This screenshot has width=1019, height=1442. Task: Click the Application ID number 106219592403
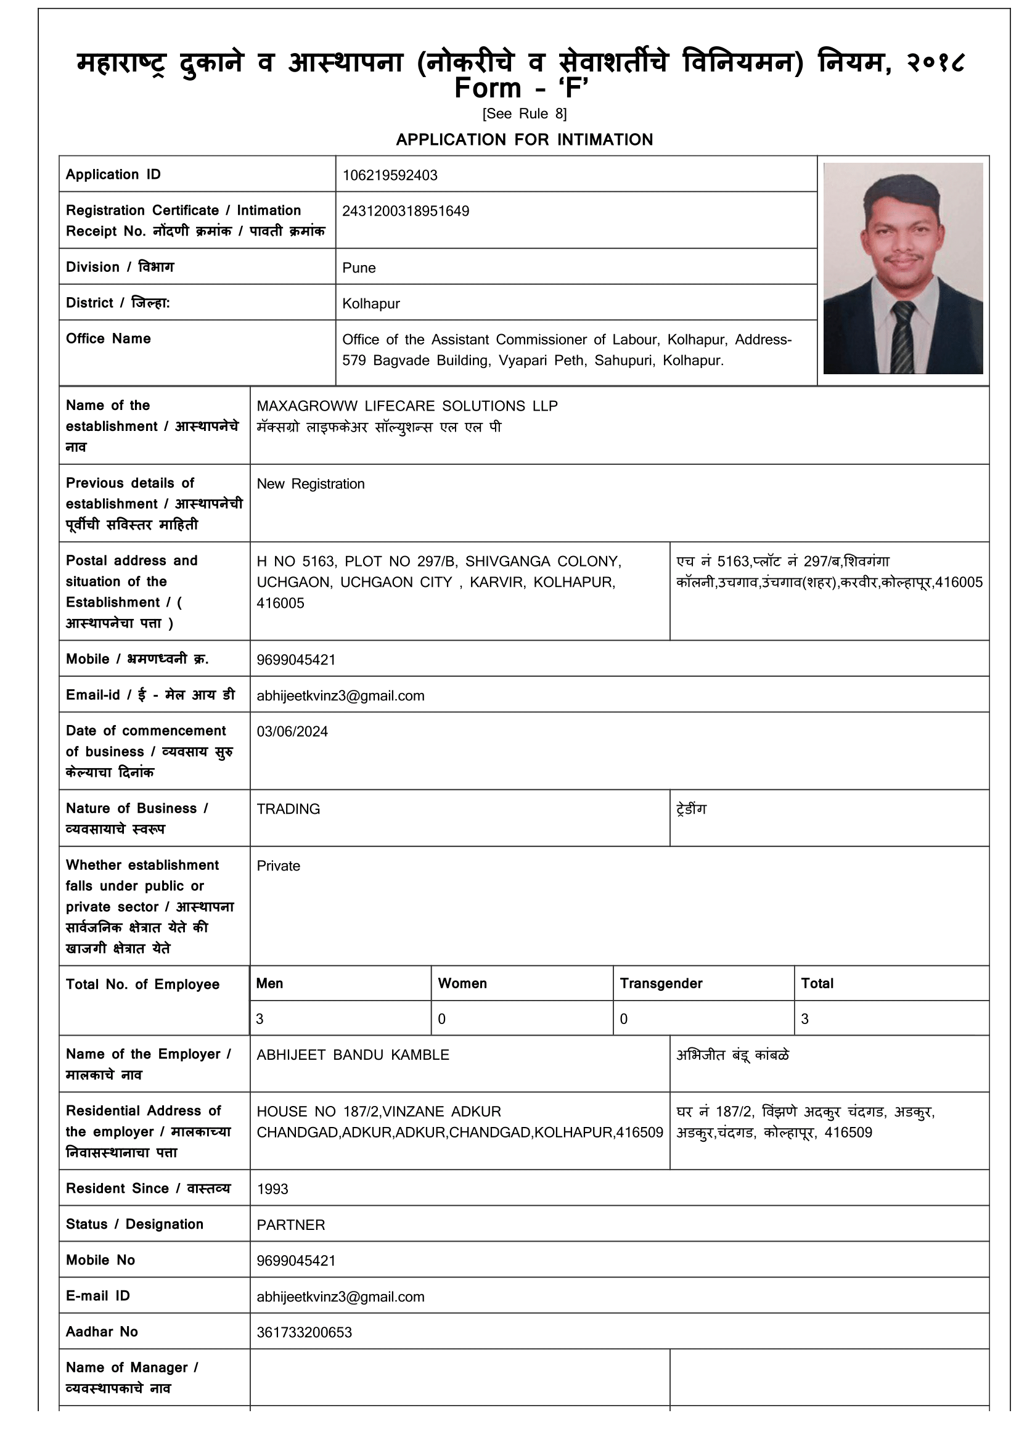pos(389,175)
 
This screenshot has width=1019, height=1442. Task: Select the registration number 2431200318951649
pos(406,211)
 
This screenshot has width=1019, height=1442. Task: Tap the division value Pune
pos(359,268)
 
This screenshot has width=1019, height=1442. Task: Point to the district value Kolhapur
pos(370,303)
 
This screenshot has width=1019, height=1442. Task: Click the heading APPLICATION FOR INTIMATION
pos(524,139)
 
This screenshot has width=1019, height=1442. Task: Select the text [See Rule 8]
pos(524,113)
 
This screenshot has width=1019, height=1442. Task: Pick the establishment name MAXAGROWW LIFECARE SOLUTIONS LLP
pos(407,406)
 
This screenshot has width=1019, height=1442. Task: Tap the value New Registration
pos(310,483)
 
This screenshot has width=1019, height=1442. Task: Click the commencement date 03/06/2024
pos(292,732)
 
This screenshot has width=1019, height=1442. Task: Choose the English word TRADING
pos(288,809)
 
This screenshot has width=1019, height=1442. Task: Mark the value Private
pos(278,866)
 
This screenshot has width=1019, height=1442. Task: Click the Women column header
pos(462,983)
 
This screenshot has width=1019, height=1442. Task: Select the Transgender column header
pos(660,983)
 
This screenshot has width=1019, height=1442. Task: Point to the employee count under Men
pos(260,1018)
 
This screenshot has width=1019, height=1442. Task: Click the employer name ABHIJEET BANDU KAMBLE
pos(353,1054)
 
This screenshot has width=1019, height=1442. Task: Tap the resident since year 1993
pos(272,1189)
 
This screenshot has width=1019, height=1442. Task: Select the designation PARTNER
pos(291,1225)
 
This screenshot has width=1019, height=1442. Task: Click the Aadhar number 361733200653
pos(304,1332)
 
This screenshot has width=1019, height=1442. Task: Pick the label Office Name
pos(108,338)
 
